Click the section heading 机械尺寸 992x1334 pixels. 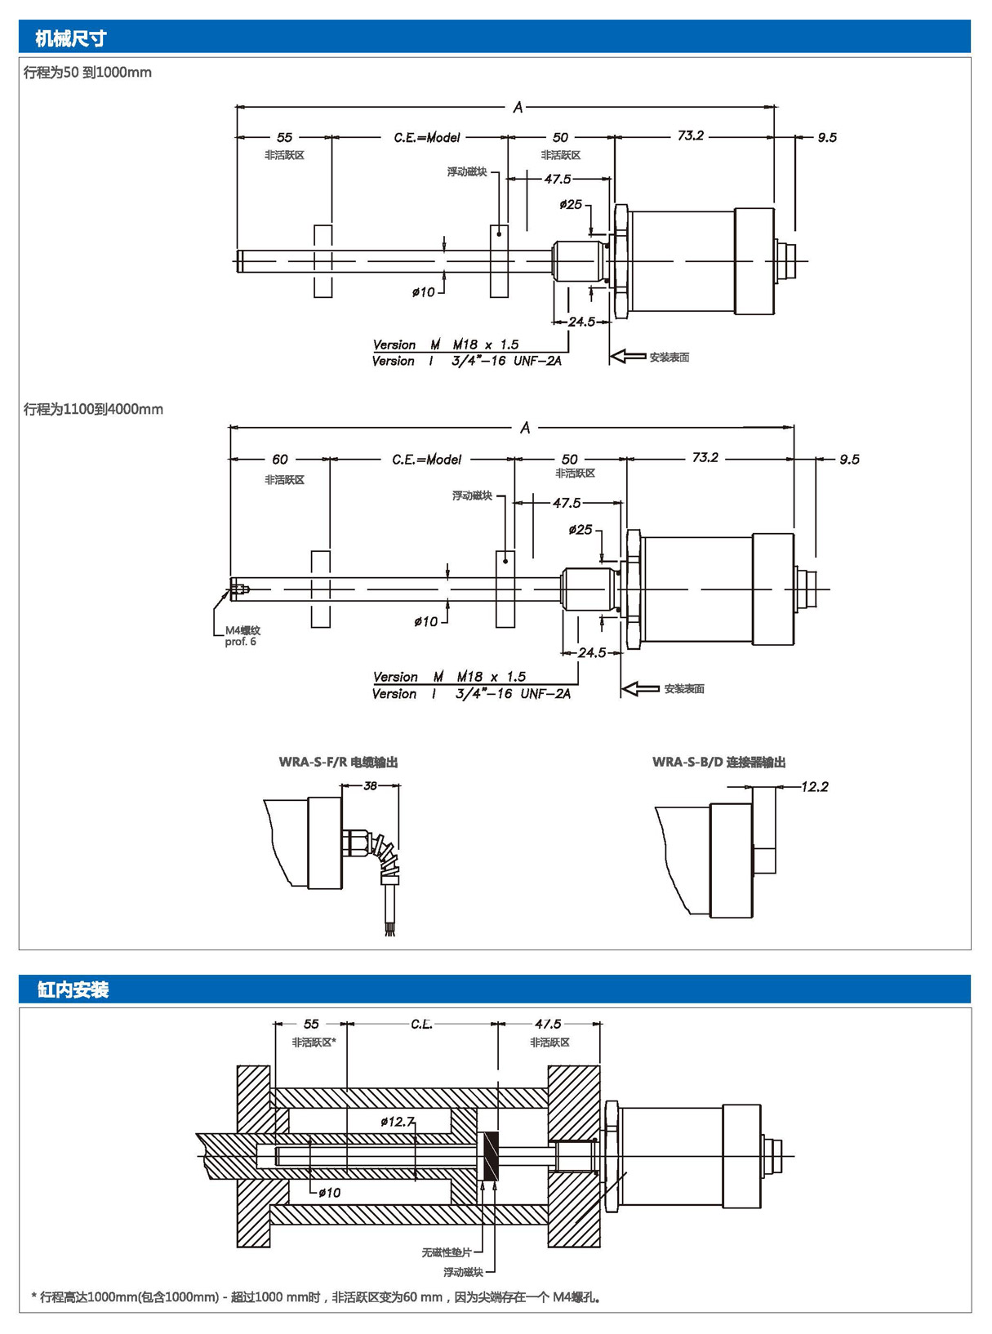[70, 38]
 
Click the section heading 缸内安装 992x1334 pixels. [73, 989]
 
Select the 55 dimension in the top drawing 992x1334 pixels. [284, 137]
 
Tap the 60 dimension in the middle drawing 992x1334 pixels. [280, 459]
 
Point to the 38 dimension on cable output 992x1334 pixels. [370, 785]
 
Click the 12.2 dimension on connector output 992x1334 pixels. [814, 786]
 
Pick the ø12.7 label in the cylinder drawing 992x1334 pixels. [397, 1122]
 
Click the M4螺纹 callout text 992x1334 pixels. [242, 630]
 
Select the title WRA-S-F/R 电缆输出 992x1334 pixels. [338, 762]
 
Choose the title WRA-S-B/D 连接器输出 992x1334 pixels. [718, 762]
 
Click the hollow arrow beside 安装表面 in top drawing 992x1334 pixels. [628, 356]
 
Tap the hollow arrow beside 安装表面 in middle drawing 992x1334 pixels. [640, 689]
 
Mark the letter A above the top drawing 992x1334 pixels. [518, 107]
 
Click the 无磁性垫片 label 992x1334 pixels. [446, 1252]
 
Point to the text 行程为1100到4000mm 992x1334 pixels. [93, 409]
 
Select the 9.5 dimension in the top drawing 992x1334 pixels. [826, 137]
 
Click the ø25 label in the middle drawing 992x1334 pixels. [581, 530]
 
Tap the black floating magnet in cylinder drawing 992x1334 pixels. [491, 1155]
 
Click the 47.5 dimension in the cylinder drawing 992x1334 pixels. [548, 1023]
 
